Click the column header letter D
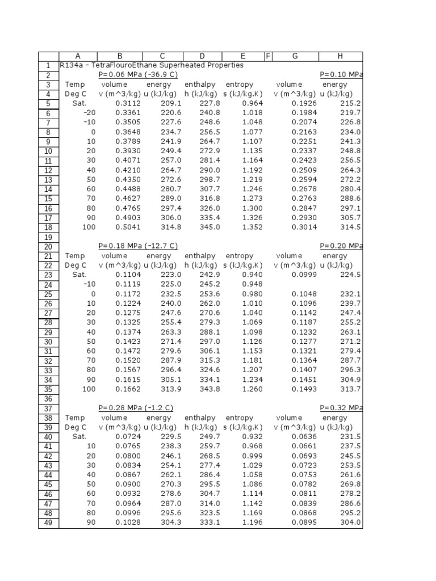(202, 56)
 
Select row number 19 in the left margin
(48, 237)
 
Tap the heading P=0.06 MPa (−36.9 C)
(138, 75)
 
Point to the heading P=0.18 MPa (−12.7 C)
(138, 246)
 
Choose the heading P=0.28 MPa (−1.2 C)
(136, 408)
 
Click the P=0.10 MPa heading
(341, 75)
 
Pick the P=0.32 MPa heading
(341, 408)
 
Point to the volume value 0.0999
(303, 275)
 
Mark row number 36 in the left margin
(48, 399)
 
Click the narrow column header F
(269, 56)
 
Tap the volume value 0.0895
(303, 523)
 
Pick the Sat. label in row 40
(79, 437)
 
